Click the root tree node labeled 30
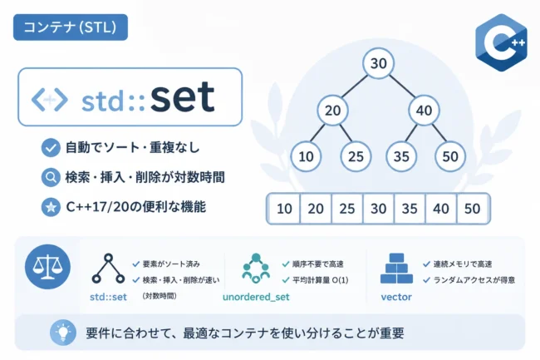pos(379,63)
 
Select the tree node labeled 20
pos(332,111)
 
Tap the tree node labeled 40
pos(424,111)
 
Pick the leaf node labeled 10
pos(306,156)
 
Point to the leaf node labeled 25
pos(356,156)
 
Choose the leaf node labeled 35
pos(401,156)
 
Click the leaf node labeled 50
pos(450,156)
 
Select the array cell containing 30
pos(379,209)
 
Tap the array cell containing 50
pos(473,209)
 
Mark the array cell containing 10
pos(284,209)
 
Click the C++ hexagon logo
pos(501,42)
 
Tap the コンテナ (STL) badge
pos(71,27)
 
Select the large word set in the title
pos(183,96)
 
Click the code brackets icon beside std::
pos(50,100)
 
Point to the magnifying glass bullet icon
pos(51,177)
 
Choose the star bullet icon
pos(51,207)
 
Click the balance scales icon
pos(47,267)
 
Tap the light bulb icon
pos(63,333)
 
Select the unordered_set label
pos(256,297)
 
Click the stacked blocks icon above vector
pos(396,269)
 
